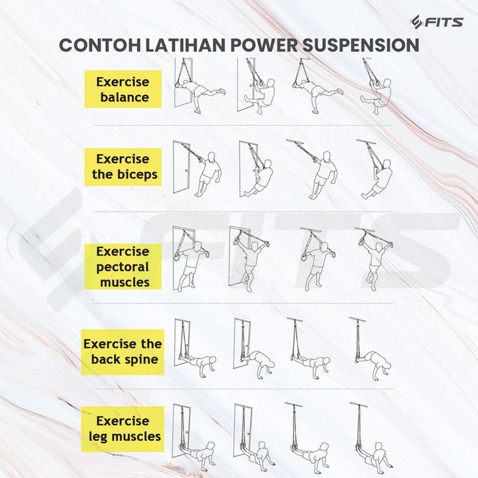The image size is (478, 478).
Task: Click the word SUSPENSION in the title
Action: (355, 45)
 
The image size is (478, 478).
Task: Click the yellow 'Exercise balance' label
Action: (122, 90)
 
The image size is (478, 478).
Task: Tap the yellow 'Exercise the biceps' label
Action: (122, 167)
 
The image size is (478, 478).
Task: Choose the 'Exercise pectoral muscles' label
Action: (122, 267)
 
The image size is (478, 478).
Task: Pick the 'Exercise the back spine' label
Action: (122, 352)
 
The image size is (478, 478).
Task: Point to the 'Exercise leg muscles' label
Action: (124, 428)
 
